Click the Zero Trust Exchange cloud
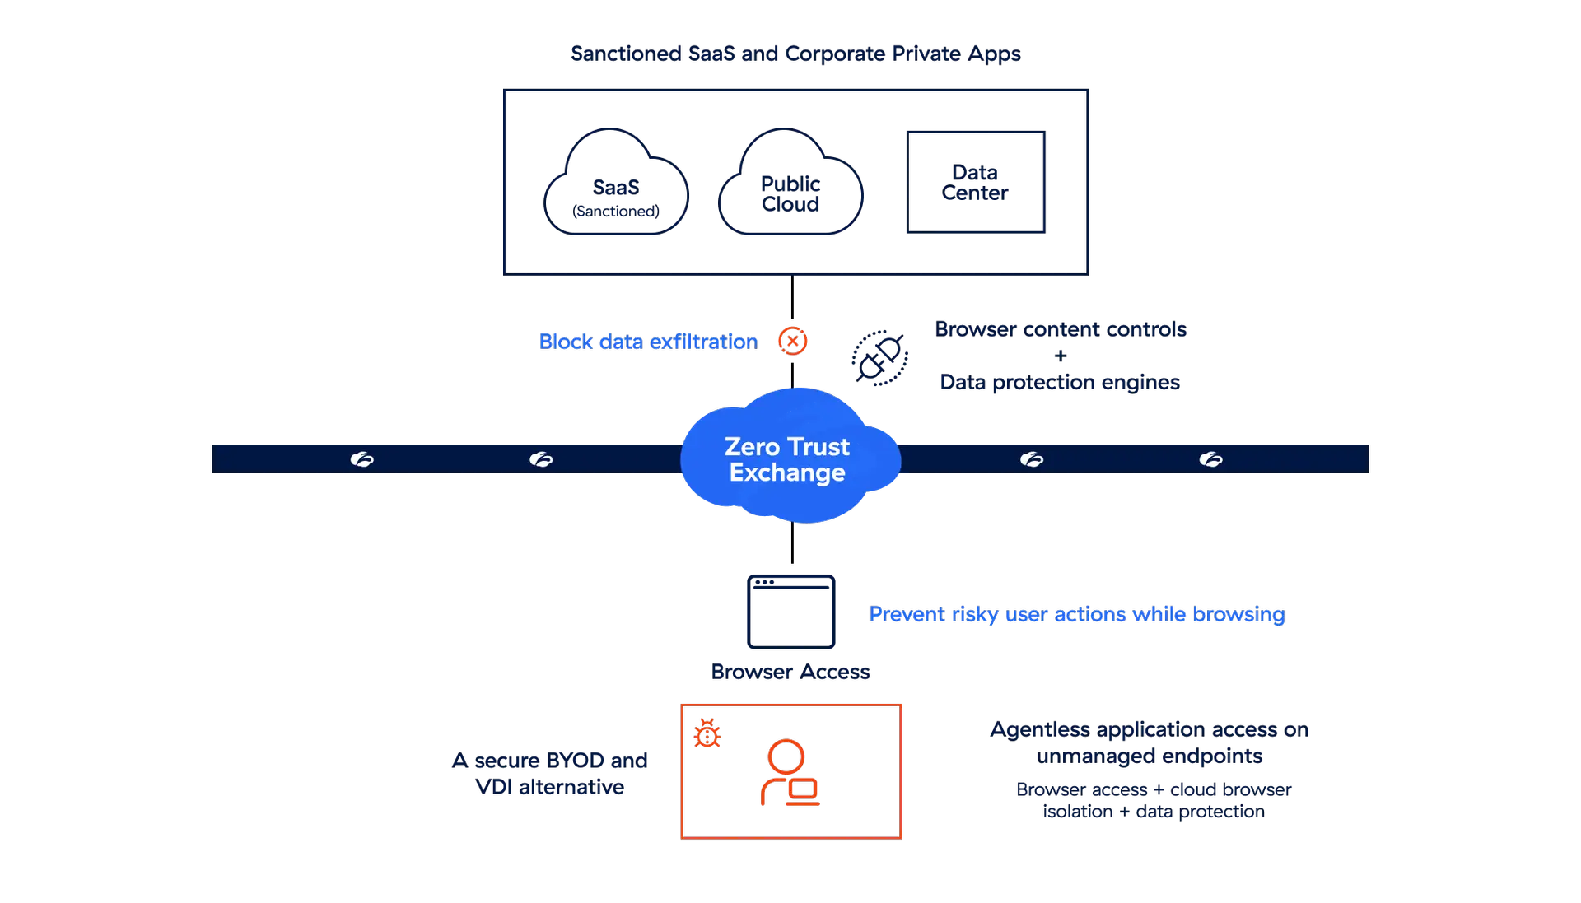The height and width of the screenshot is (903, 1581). pyautogui.click(x=789, y=458)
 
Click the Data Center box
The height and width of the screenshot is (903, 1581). pyautogui.click(x=975, y=183)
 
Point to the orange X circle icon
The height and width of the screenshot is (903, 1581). pyautogui.click(x=793, y=341)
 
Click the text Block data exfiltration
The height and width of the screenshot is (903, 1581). pyautogui.click(x=648, y=342)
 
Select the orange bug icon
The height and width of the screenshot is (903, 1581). pyautogui.click(x=707, y=734)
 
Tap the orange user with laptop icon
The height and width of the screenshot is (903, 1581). pyautogui.click(x=789, y=774)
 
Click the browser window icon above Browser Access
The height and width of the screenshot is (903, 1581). pyautogui.click(x=790, y=612)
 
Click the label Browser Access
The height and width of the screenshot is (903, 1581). pyautogui.click(x=790, y=672)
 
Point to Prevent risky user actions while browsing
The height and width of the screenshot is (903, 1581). pyautogui.click(x=1076, y=615)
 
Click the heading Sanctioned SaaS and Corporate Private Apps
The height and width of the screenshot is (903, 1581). pyautogui.click(x=795, y=54)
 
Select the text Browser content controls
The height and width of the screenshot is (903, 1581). pyautogui.click(x=1061, y=329)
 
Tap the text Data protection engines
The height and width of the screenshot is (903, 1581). pyautogui.click(x=1061, y=382)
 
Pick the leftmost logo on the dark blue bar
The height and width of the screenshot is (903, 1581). pyautogui.click(x=361, y=459)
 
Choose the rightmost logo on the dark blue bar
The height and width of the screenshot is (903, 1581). pyautogui.click(x=1210, y=459)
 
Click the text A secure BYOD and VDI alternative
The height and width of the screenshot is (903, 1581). pyautogui.click(x=550, y=773)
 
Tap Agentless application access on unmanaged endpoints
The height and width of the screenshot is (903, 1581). pyautogui.click(x=1150, y=742)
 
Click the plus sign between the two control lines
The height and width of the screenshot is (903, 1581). pyautogui.click(x=1061, y=356)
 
